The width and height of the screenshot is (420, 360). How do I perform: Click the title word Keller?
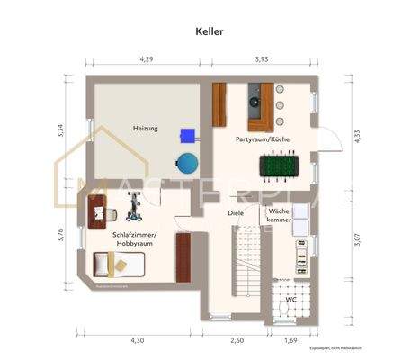[x=210, y=30]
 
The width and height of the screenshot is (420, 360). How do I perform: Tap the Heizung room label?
[x=145, y=129]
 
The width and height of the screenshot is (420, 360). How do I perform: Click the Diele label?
[x=236, y=213]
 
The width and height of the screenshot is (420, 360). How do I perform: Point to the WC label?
[x=290, y=299]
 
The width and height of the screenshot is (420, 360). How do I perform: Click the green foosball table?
[x=279, y=166]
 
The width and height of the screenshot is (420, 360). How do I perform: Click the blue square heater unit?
[x=188, y=135]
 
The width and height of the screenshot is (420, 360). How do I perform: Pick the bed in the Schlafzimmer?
[x=117, y=265]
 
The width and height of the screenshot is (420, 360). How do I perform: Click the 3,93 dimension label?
[x=262, y=58]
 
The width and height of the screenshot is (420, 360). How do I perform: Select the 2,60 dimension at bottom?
[x=237, y=340]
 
